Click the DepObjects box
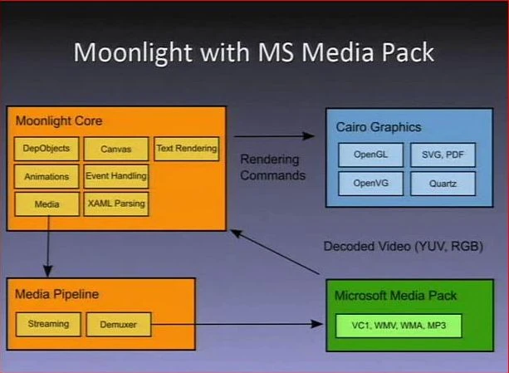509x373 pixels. pos(46,149)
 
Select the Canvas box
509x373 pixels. pos(115,149)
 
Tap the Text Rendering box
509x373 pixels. pos(186,149)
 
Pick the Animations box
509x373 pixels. pos(46,176)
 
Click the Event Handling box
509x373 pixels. pos(115,176)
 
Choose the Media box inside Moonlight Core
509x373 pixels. pos(46,203)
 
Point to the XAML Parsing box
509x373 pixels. pos(115,203)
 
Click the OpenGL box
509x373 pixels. pos(370,155)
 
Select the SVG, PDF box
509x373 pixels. pos(443,155)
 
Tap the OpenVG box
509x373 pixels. pos(370,183)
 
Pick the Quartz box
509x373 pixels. pos(443,183)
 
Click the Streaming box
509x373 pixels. pos(47,324)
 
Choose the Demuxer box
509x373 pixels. pos(118,324)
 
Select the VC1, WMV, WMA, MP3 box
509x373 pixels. pos(397,324)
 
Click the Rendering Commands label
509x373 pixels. pos(272,167)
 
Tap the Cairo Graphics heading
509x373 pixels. pos(378,127)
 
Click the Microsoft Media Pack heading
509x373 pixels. pos(395,296)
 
